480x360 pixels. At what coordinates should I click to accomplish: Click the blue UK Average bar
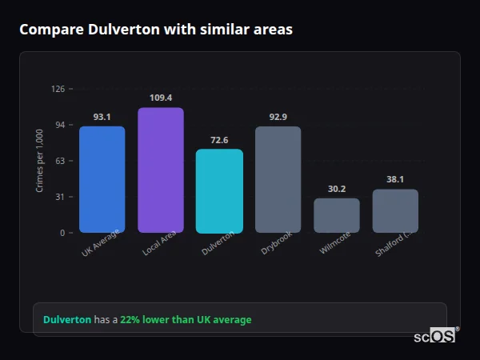tap(102, 179)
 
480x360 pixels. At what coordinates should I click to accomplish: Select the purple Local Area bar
tap(160, 170)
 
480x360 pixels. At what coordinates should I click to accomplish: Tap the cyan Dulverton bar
tap(219, 191)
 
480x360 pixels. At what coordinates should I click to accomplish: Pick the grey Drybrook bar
tap(278, 179)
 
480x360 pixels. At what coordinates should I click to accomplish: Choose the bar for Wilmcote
tap(336, 215)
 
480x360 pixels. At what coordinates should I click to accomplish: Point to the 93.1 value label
tap(102, 117)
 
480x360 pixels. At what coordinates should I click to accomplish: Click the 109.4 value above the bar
tap(160, 98)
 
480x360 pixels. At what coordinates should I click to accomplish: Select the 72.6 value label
tap(219, 140)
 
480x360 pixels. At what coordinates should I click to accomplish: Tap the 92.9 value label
tap(278, 117)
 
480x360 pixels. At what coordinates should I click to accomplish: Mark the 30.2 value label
tap(336, 189)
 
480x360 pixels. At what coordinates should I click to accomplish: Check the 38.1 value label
tap(395, 179)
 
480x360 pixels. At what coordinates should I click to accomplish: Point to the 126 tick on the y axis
tap(58, 89)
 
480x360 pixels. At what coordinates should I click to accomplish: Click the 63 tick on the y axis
tap(59, 161)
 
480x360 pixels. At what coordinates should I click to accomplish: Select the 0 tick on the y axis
tap(62, 233)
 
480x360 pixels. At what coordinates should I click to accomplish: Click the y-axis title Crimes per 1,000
tap(40, 161)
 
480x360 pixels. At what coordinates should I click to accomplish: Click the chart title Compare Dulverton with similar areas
tap(156, 30)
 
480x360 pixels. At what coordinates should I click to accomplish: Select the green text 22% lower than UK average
tap(186, 320)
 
